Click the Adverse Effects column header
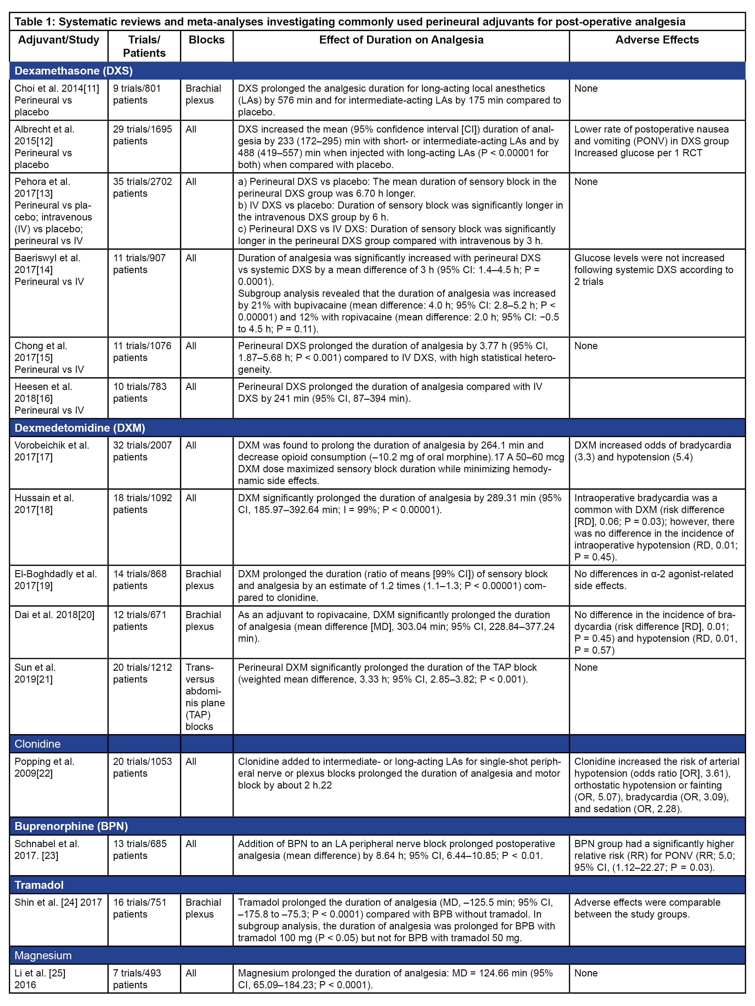pos(657,40)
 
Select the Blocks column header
pos(207,40)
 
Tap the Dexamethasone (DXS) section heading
pos(74,71)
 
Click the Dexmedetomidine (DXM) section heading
pos(80,428)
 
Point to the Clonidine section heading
pos(37,744)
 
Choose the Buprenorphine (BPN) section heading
pos(71,826)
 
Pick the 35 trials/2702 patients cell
pos(142,187)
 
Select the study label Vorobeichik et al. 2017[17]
pos(52,451)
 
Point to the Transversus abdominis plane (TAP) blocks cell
pos(205,697)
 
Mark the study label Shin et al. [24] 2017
pos(58,902)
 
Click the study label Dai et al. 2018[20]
pos(54,615)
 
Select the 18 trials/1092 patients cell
pos(142,504)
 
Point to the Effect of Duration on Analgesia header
pos(401,40)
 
